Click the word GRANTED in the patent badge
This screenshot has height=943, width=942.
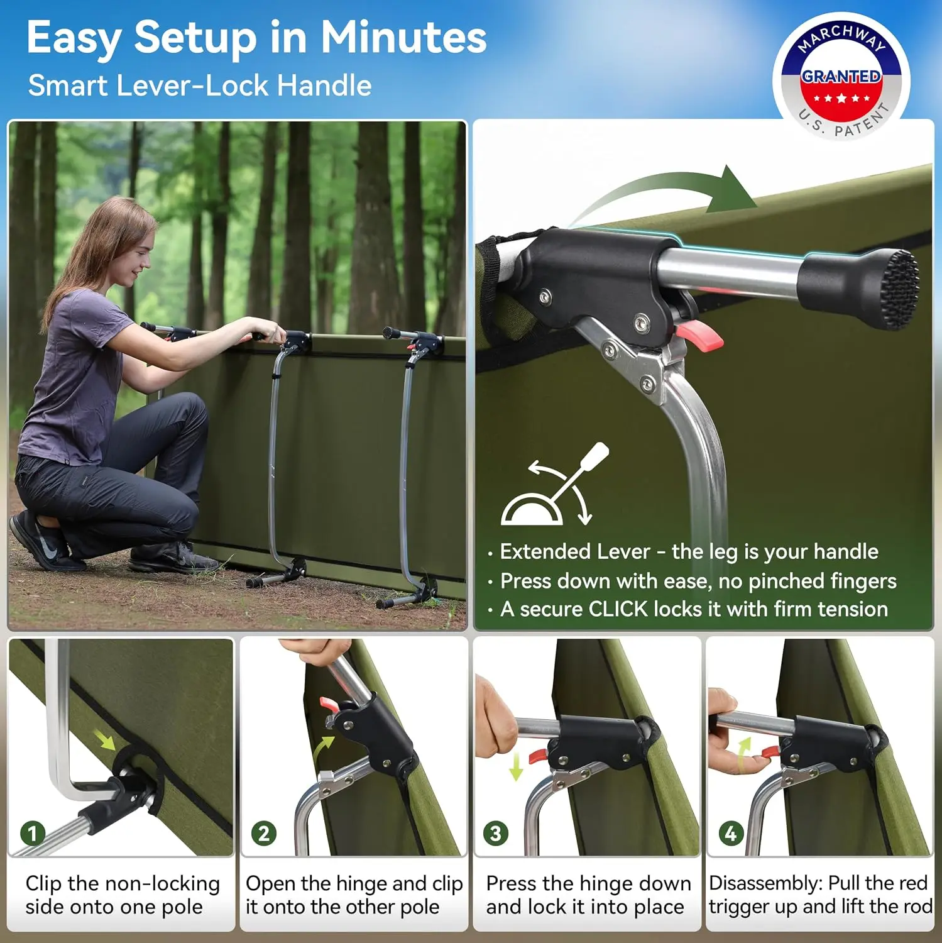pyautogui.click(x=841, y=76)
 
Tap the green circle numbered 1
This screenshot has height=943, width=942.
pyautogui.click(x=33, y=834)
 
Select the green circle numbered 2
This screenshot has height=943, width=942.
pyautogui.click(x=264, y=834)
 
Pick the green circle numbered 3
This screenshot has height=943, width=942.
pyautogui.click(x=496, y=834)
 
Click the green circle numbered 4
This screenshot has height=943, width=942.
pyautogui.click(x=731, y=834)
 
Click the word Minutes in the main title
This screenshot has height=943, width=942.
pyautogui.click(x=403, y=37)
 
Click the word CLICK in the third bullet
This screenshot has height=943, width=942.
pyautogui.click(x=618, y=609)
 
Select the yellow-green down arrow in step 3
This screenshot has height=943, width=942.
pyautogui.click(x=517, y=764)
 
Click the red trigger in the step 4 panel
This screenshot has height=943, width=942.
pyautogui.click(x=770, y=751)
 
